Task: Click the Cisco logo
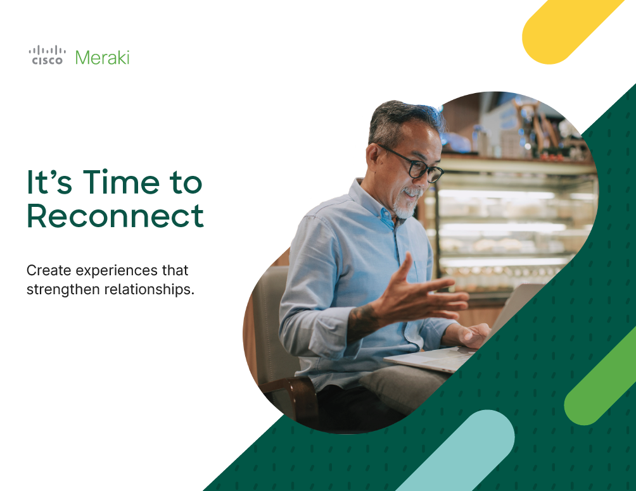47,55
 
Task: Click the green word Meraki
102,58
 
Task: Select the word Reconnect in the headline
115,216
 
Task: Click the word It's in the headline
49,182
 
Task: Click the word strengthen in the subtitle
64,290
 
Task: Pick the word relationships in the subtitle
149,290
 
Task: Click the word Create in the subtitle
49,270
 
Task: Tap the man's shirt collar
371,199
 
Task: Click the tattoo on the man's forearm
364,320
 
